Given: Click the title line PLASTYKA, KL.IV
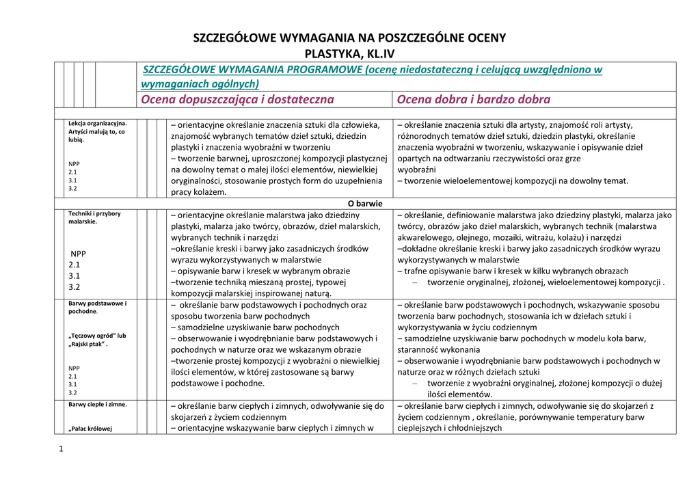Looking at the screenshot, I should click(x=349, y=53).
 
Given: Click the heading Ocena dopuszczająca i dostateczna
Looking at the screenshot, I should click(x=237, y=100).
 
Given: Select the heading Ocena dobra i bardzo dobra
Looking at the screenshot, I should click(x=473, y=100).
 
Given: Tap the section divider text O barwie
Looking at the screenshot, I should click(x=365, y=204).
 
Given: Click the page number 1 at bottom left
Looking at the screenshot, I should click(x=61, y=449).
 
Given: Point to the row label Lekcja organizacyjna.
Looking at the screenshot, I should click(x=97, y=124).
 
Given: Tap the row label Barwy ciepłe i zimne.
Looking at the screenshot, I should click(x=97, y=404).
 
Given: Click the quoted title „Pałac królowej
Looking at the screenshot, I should click(x=90, y=429).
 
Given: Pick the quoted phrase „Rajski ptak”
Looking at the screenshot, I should click(x=88, y=344).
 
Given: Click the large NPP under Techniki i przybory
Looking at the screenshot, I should click(x=79, y=253).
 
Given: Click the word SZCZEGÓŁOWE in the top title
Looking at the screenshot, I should click(x=235, y=38).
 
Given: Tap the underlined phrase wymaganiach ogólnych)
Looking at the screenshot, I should click(x=200, y=84).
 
